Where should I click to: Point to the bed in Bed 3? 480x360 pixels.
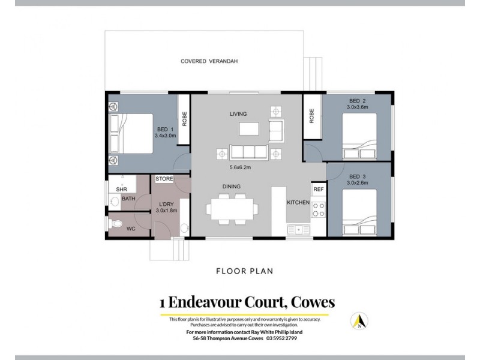tap(360, 211)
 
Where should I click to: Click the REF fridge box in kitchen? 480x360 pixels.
tap(319, 189)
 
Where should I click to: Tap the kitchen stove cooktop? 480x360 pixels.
tap(318, 210)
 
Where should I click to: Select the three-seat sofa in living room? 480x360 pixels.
tap(248, 152)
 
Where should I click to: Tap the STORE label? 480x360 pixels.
tap(164, 179)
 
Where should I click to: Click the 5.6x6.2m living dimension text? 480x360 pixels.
tap(241, 167)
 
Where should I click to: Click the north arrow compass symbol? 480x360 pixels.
tap(360, 322)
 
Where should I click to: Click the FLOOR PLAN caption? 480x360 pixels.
tap(245, 271)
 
